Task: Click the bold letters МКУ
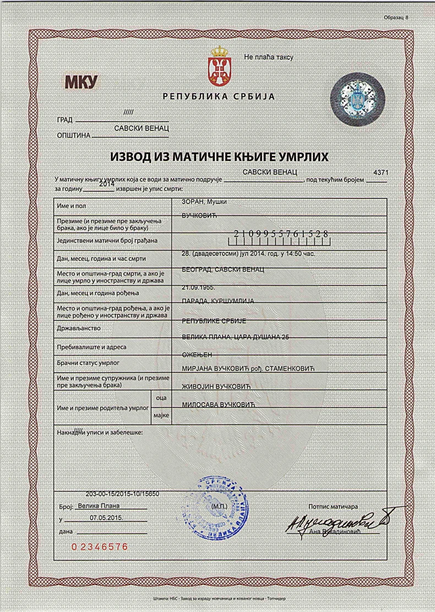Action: pos(81,83)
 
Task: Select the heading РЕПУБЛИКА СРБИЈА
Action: pos(218,97)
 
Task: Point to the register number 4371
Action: pos(381,173)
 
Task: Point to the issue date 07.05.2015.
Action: pos(107,518)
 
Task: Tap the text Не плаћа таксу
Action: pos(269,57)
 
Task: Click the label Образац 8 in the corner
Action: pos(396,18)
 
